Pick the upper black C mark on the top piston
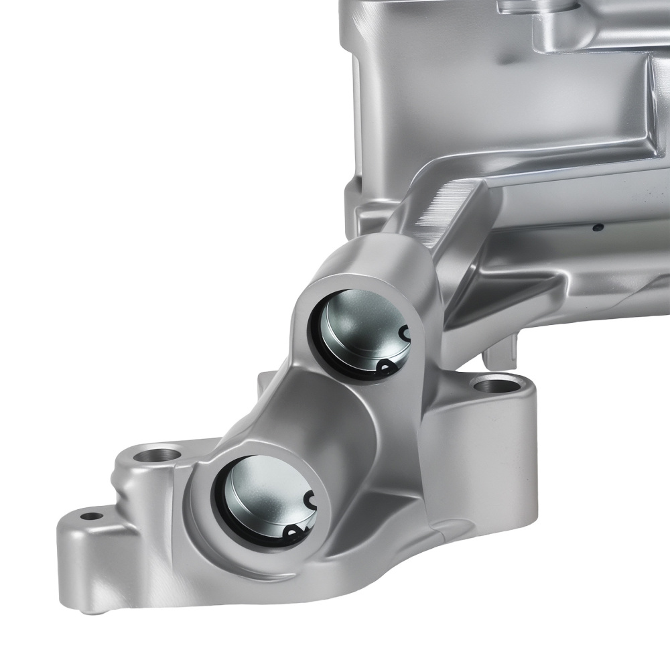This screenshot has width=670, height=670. click(403, 333)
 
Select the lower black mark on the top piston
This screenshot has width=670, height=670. click(386, 366)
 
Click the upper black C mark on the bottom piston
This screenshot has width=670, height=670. click(310, 499)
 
